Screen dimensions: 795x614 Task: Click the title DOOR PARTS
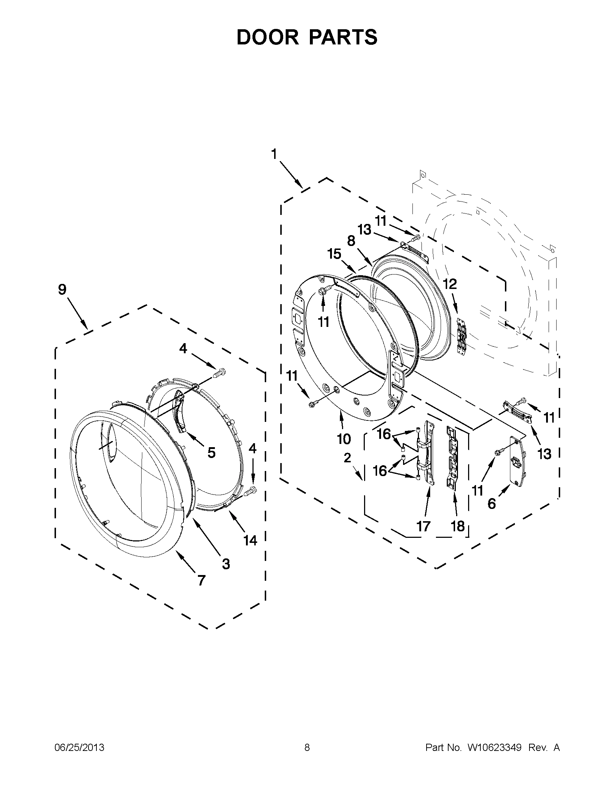pyautogui.click(x=307, y=37)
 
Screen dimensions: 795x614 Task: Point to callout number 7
pyautogui.click(x=201, y=580)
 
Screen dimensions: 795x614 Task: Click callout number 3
pyautogui.click(x=226, y=564)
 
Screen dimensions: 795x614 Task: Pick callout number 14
pyautogui.click(x=250, y=540)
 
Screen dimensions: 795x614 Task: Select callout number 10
pyautogui.click(x=343, y=439)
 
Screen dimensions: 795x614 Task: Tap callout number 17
pyautogui.click(x=423, y=526)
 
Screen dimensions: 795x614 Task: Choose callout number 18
pyautogui.click(x=458, y=526)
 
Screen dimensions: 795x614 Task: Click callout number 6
pyautogui.click(x=491, y=504)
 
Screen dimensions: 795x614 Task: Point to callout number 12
pyautogui.click(x=450, y=284)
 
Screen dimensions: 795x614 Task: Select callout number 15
pyautogui.click(x=334, y=254)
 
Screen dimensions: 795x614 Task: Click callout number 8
pyautogui.click(x=351, y=241)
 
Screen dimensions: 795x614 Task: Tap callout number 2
pyautogui.click(x=347, y=458)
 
